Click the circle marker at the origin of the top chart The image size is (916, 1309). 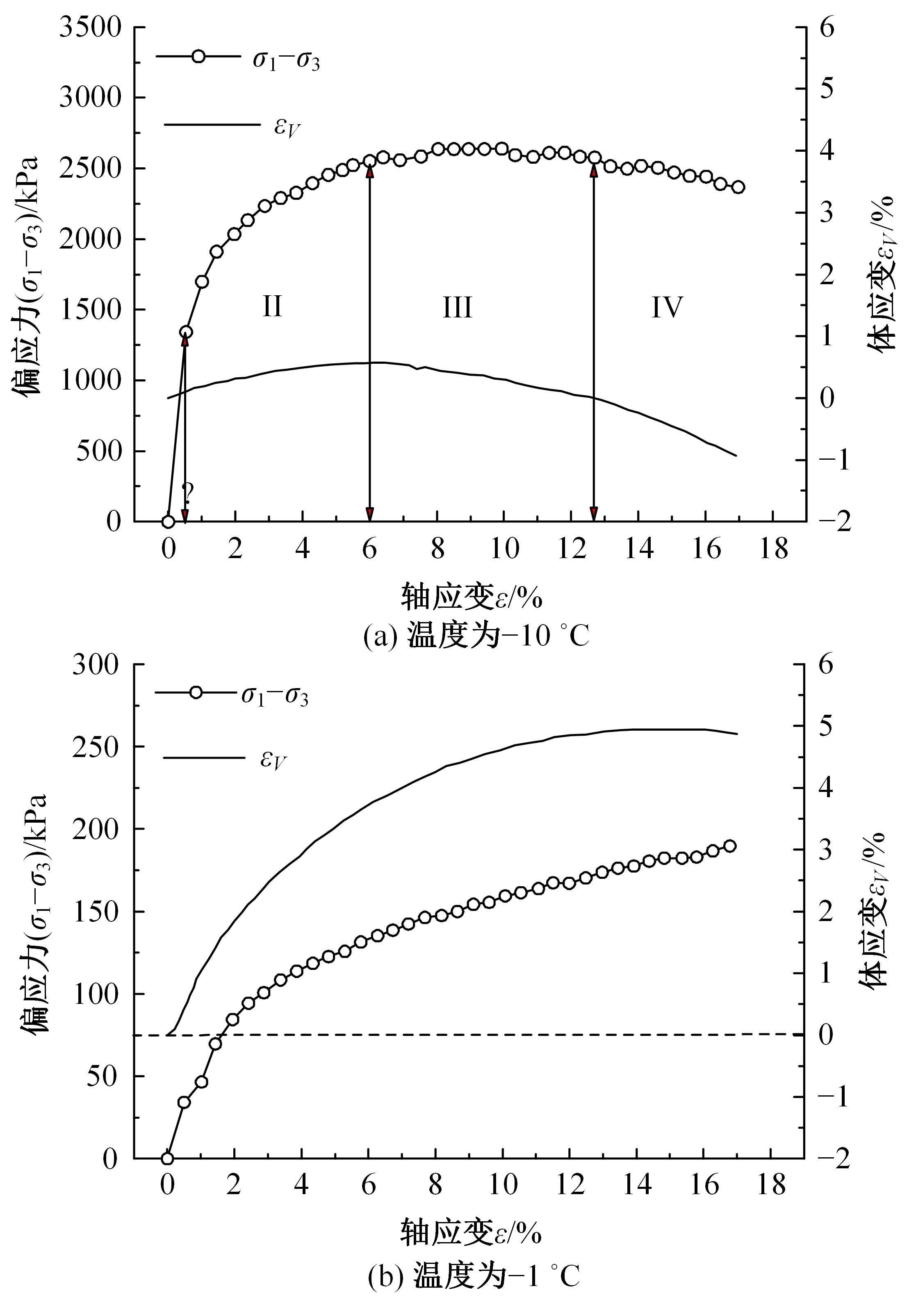[x=168, y=521]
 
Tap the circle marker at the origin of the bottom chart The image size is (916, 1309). [x=167, y=1158]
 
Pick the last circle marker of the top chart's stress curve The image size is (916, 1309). [x=738, y=187]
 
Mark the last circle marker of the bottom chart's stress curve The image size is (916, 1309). [x=729, y=846]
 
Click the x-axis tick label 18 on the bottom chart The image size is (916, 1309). [x=772, y=1186]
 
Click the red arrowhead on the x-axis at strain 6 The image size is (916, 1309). [x=370, y=514]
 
